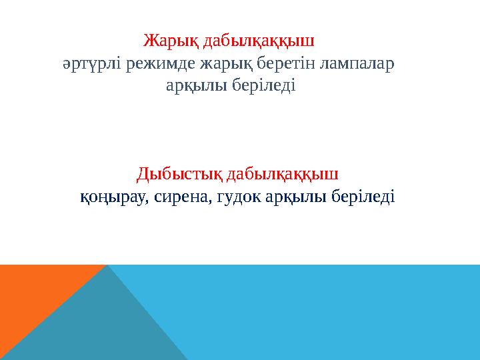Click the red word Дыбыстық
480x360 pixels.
pyautogui.click(x=179, y=175)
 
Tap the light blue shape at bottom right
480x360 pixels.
pyautogui.click(x=333, y=313)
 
